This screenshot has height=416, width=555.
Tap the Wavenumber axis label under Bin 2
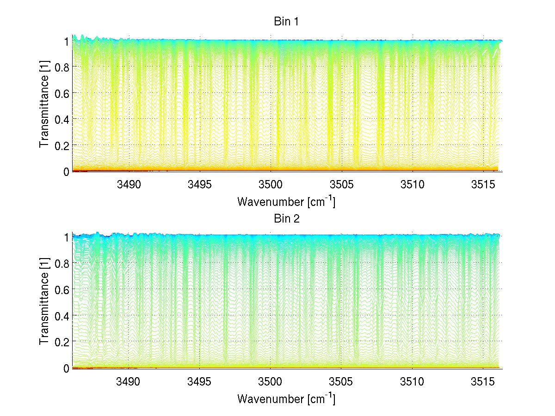(x=286, y=398)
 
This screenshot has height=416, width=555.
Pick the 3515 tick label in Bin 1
(x=483, y=185)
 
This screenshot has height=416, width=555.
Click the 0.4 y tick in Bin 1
(x=62, y=119)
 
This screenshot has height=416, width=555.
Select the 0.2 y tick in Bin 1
(x=62, y=145)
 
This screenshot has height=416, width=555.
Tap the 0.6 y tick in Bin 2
(x=62, y=289)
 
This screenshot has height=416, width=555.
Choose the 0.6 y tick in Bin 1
(x=62, y=93)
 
